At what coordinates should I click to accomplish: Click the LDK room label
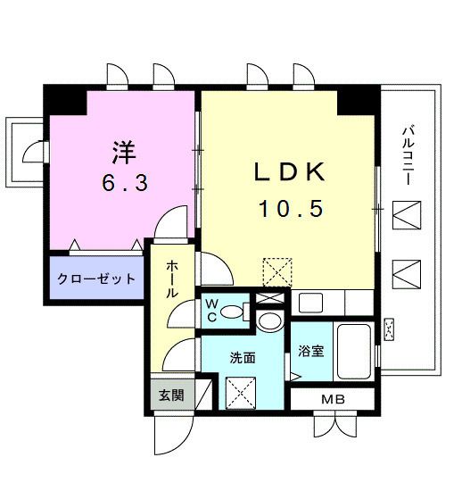pos(289,172)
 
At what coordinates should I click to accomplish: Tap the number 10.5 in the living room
pos(292,209)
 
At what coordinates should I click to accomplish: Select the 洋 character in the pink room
pos(125,152)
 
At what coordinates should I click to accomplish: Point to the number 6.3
pos(125,183)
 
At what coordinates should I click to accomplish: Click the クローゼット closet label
pos(96,279)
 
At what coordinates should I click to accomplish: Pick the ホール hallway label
pos(172,279)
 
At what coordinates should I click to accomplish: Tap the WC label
pos(211,311)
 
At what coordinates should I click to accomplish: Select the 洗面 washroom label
pos(243,358)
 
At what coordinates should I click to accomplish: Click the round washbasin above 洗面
pos(269,321)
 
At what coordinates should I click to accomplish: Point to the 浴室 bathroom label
pos(311,351)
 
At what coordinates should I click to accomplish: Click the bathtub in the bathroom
pos(353,352)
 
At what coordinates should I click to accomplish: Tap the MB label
pos(333,399)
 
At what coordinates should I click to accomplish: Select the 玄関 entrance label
pos(171,395)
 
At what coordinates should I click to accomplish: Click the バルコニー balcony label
pos(408,155)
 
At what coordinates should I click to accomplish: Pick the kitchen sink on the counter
pos(310,303)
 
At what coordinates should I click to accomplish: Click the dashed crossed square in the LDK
pos(277,272)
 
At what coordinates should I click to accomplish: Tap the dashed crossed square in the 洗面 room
pos(241,393)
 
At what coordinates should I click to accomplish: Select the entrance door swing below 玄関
pos(174,435)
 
